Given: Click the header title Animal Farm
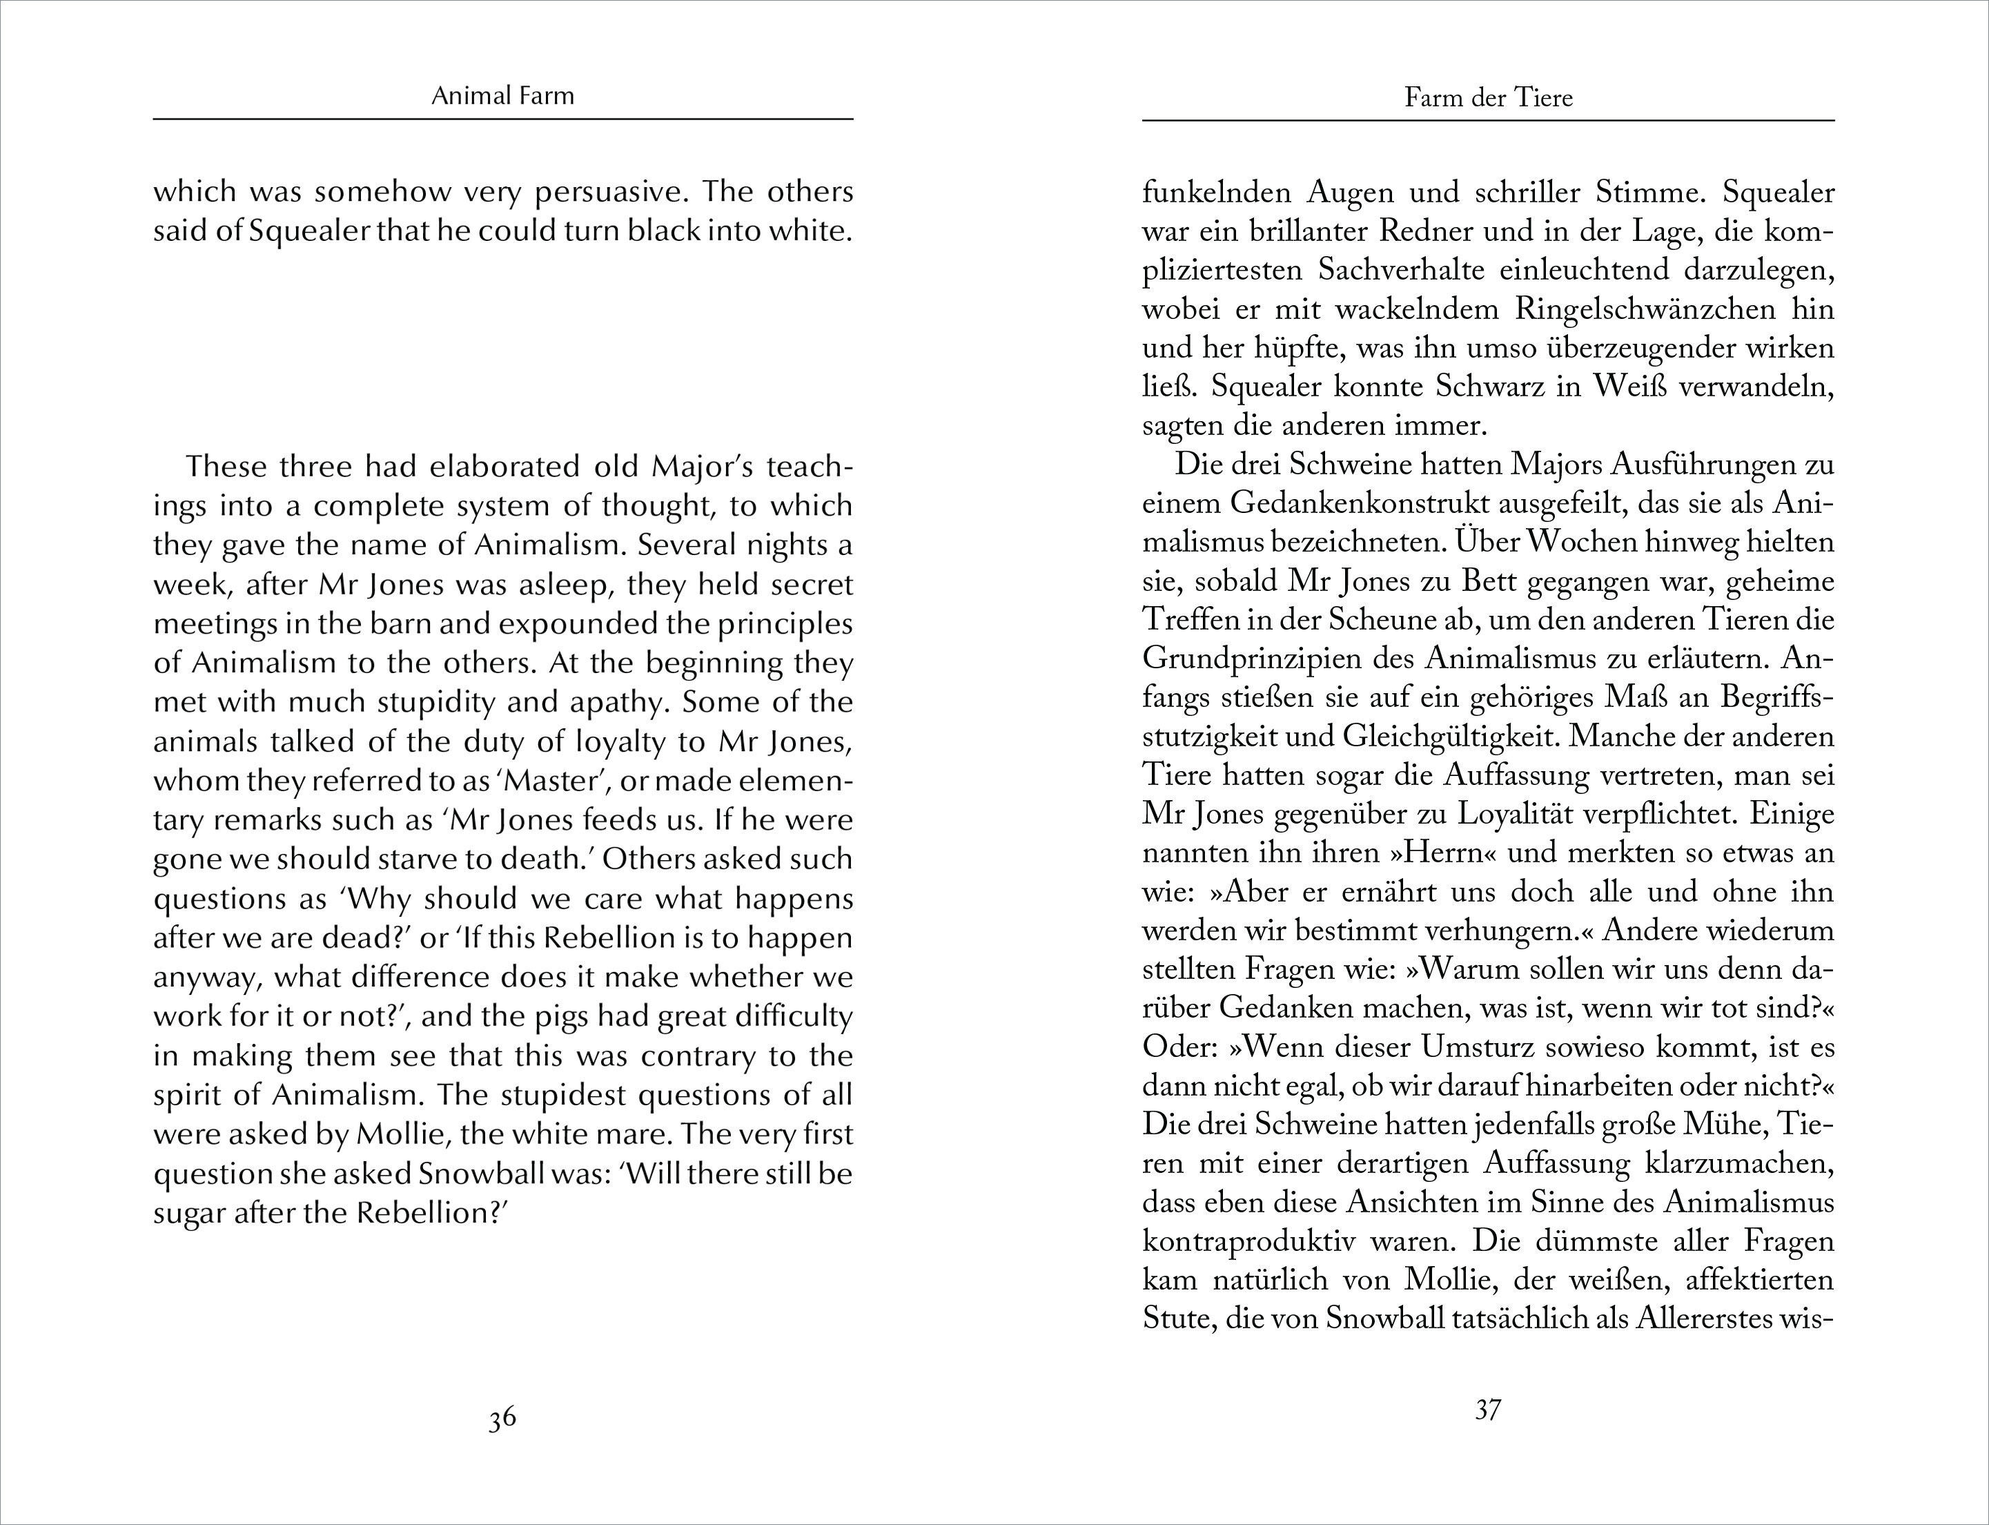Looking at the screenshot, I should point(502,95).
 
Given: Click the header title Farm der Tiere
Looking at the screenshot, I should point(1488,97).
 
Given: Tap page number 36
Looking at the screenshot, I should point(502,1418).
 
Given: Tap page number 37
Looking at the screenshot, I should point(1488,1410).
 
